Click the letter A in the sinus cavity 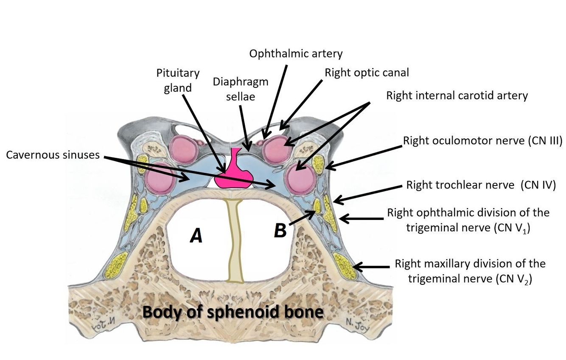[196, 235]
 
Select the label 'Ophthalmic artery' [296, 54]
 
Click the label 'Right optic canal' [367, 73]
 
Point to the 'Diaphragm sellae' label [241, 89]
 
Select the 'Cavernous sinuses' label [53, 155]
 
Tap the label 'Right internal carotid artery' [457, 95]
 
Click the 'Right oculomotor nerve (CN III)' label [482, 141]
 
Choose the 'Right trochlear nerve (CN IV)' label [481, 185]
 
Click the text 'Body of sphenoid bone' [233, 312]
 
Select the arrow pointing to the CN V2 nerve [371, 267]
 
